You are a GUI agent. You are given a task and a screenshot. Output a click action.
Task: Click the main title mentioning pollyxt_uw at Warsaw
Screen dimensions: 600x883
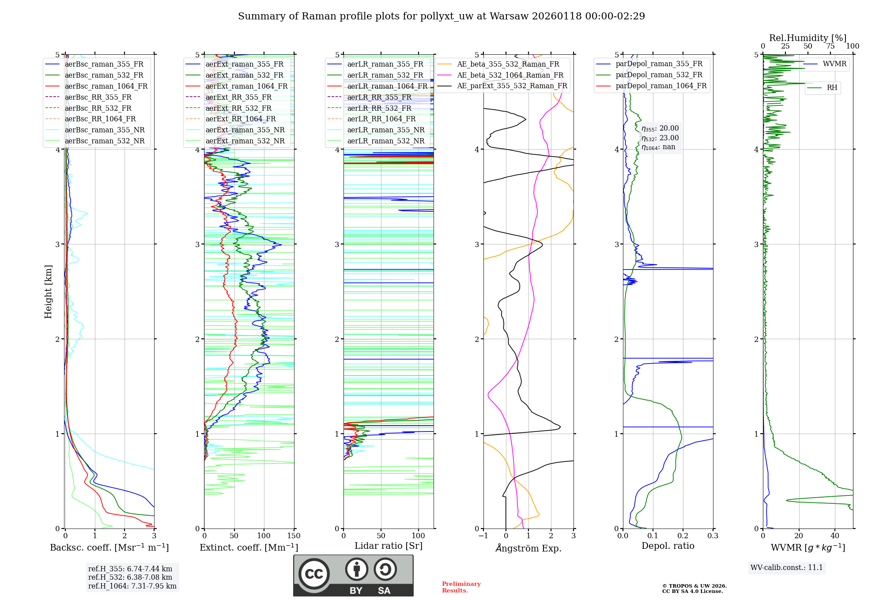(x=441, y=16)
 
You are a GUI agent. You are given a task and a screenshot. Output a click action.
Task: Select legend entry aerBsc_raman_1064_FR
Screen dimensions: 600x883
(x=106, y=86)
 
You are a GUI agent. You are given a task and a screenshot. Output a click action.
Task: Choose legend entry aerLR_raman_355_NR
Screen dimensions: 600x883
(x=385, y=130)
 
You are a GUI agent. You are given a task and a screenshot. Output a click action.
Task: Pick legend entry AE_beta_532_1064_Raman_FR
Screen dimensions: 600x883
(x=510, y=75)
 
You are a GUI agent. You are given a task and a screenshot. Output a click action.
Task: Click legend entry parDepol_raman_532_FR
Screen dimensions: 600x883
(x=659, y=75)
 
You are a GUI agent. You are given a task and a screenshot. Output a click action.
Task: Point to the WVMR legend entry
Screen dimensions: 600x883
(x=834, y=64)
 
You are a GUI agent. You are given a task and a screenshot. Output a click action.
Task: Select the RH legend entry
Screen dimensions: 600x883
(x=832, y=88)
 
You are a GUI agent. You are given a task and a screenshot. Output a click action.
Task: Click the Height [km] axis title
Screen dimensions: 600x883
(x=48, y=292)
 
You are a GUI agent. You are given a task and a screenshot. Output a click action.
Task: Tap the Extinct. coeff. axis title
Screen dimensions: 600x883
(x=249, y=547)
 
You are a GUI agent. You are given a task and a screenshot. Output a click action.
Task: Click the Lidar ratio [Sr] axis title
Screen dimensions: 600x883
(x=389, y=546)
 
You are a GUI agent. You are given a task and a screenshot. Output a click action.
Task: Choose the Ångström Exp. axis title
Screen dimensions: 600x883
(x=528, y=548)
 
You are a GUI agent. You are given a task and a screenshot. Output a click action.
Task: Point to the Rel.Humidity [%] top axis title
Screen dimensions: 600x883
(x=808, y=38)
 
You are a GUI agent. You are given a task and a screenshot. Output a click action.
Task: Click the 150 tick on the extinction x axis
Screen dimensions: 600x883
(x=294, y=536)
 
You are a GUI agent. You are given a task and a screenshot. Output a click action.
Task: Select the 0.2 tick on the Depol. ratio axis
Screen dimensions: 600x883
(x=683, y=536)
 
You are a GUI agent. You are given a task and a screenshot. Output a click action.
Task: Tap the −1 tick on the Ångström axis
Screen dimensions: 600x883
(x=483, y=536)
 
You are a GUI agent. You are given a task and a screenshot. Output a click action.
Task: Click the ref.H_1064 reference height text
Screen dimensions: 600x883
(x=132, y=586)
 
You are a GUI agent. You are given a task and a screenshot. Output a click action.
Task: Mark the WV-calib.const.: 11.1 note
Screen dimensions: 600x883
(x=787, y=568)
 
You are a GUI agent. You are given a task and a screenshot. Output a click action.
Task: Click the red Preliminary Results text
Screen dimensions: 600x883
(x=461, y=587)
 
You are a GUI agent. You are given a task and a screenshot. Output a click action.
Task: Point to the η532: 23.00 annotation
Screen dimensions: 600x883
(x=660, y=138)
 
